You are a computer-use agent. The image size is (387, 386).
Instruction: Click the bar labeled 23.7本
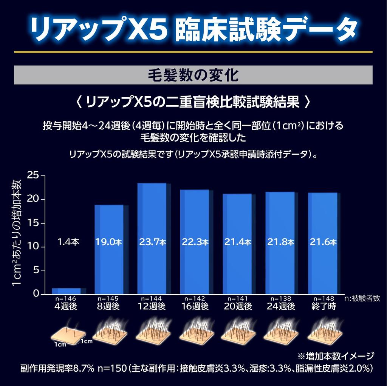click(152, 211)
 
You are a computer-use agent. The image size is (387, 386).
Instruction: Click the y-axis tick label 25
click(33, 175)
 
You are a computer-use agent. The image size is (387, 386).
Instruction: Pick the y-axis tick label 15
click(33, 223)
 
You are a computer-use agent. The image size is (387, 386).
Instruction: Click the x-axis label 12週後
click(152, 306)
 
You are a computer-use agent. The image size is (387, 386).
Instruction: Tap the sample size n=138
click(280, 298)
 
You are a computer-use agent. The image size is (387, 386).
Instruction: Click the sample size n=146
click(67, 298)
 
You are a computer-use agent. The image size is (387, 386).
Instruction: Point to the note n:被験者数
click(362, 298)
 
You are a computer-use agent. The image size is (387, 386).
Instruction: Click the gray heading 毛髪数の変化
click(193, 75)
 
